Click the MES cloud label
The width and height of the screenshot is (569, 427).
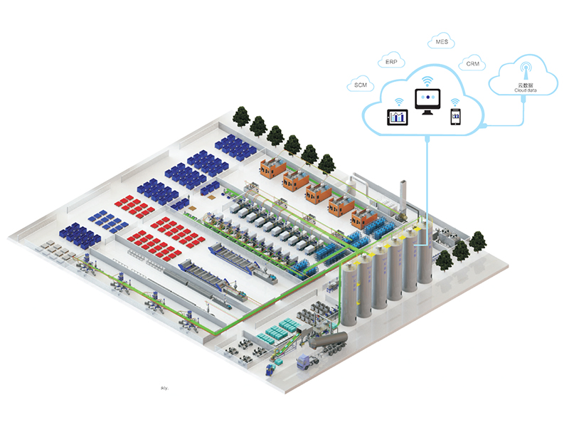[441, 42]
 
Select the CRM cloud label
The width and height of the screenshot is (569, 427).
[472, 65]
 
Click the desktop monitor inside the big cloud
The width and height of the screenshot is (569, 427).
[427, 100]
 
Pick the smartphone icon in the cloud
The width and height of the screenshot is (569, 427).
[455, 117]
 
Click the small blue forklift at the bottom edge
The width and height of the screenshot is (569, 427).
[270, 369]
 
